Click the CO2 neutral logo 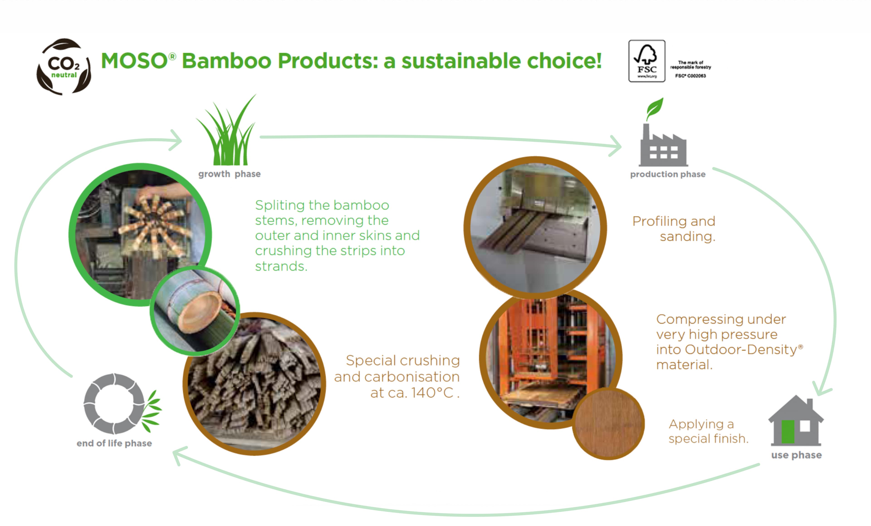pos(64,66)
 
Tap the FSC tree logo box pos(646,61)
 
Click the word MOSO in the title pos(134,61)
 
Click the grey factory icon pos(663,147)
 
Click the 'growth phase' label pos(229,174)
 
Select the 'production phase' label pos(667,175)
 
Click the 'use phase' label pos(796,455)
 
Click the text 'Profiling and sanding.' pos(674,229)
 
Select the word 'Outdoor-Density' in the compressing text pos(741,349)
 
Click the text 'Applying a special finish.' pos(708,431)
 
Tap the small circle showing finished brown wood pos(608,424)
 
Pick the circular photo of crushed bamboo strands pos(254,384)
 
